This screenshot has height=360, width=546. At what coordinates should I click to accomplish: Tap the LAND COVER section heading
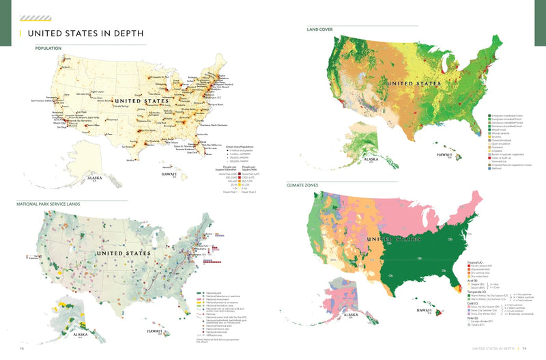click(x=320, y=30)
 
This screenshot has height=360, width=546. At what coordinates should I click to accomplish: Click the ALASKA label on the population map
click(x=94, y=177)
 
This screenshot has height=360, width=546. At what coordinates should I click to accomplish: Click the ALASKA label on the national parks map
click(x=80, y=335)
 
